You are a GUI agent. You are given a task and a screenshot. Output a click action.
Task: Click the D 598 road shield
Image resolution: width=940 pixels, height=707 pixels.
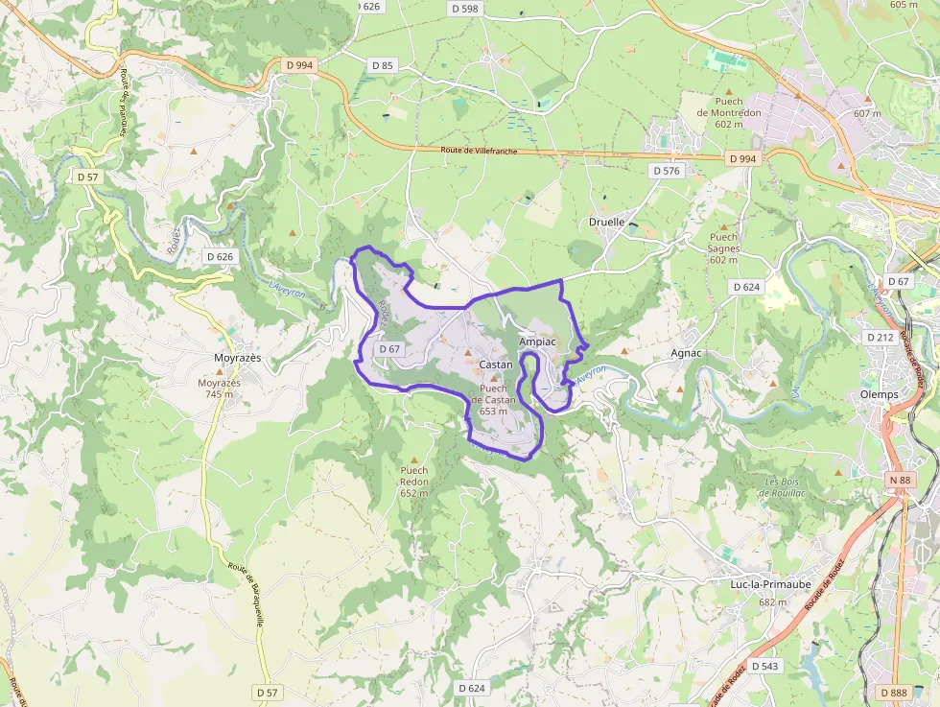coord(464,9)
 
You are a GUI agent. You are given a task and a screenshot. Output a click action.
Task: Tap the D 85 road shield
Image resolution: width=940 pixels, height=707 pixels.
coord(382,65)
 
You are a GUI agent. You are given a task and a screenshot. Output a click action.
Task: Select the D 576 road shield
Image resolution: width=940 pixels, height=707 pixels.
coord(666,171)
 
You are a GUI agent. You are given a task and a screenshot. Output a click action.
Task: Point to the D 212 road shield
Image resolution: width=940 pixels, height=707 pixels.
coord(880,338)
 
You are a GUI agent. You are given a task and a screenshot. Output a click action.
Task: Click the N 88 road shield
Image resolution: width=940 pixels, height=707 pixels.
coord(900,480)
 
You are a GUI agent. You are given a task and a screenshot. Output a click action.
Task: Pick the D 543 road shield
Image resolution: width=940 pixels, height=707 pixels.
coord(765,666)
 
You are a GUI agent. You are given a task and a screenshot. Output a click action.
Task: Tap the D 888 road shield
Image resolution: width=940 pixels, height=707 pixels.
coord(893,693)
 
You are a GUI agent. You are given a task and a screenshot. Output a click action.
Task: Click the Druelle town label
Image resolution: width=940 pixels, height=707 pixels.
coord(606,222)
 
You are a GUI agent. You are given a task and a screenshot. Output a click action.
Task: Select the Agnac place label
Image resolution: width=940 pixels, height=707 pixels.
coord(687,353)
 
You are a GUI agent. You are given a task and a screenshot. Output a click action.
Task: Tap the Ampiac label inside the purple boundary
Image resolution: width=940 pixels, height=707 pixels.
coord(537,342)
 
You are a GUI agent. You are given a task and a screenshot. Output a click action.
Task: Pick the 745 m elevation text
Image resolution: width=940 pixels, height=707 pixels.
coord(220,394)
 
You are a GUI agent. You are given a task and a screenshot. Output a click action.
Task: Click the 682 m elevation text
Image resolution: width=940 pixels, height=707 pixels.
coord(773,602)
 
